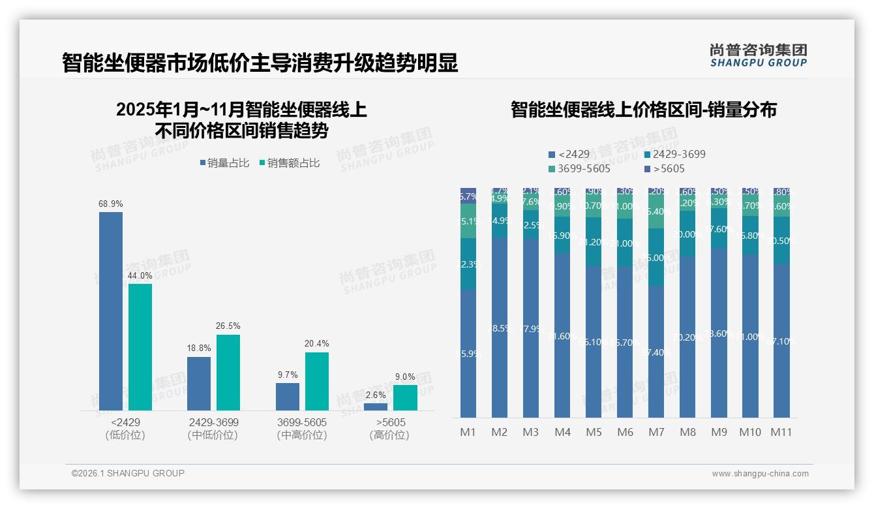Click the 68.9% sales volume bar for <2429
point(111,311)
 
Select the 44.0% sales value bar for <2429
point(140,347)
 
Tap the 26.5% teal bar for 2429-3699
point(228,372)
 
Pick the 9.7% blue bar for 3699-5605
point(288,396)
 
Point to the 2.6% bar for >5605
point(376,407)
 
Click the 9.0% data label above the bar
point(405,377)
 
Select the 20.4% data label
point(317,343)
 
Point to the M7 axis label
point(656,432)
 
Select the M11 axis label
point(781,432)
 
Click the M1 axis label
point(468,432)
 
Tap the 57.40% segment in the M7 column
point(656,352)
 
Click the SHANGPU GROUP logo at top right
point(758,55)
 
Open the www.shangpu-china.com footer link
point(760,474)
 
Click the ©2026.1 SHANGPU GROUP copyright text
point(128,473)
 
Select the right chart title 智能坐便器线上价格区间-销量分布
point(643,110)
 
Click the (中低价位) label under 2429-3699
point(213,435)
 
